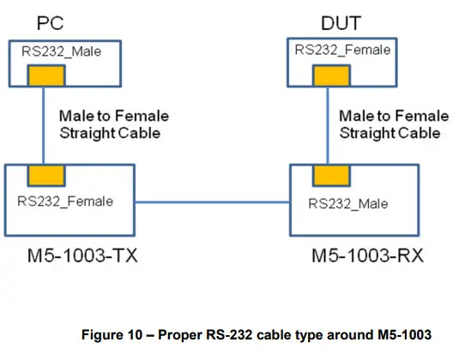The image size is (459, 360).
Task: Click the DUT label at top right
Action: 341,20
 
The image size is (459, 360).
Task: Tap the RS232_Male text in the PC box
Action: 59,52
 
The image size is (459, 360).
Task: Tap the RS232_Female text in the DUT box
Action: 342,50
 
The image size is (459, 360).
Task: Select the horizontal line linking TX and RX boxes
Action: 213,202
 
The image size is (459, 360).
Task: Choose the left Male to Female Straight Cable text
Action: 113,124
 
